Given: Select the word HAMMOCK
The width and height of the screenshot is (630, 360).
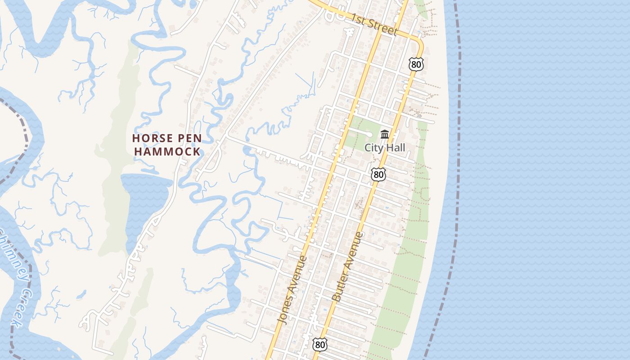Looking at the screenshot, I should click(x=167, y=151).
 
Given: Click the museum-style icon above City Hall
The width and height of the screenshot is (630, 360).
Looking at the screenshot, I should click(x=385, y=134).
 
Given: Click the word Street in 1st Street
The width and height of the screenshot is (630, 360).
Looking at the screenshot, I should click(x=382, y=27).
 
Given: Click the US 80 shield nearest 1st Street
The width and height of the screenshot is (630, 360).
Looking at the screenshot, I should click(x=416, y=64).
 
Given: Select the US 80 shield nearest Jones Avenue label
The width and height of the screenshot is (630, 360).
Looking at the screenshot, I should click(x=319, y=345).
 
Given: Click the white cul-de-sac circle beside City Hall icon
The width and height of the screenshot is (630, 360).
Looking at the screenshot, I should click(x=369, y=134).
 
